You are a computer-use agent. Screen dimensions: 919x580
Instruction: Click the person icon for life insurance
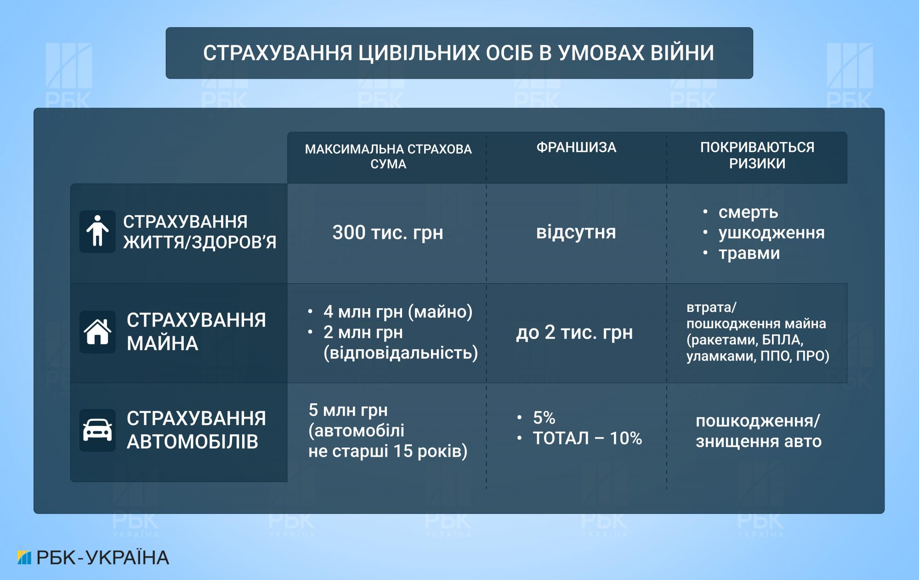[x=97, y=231]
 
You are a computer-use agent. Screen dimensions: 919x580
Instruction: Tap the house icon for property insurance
[x=97, y=332]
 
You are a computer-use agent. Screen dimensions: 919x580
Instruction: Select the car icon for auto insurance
[x=97, y=430]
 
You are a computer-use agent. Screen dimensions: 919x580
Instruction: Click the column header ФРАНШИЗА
[x=576, y=148]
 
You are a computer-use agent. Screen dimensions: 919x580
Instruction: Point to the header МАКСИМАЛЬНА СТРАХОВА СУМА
[x=388, y=156]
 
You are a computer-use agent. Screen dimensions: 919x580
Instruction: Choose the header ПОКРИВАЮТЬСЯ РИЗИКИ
[x=757, y=155]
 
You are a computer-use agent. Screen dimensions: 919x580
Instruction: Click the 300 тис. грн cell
[x=388, y=232]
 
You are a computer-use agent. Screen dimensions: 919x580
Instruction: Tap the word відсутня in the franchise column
[x=576, y=232]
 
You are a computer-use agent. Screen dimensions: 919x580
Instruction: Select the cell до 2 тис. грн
[x=574, y=332]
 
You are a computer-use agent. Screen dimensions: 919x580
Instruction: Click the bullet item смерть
[x=748, y=212]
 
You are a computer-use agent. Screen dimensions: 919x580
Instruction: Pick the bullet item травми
[x=749, y=253]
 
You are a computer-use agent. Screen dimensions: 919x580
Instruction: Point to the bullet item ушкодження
[x=772, y=233]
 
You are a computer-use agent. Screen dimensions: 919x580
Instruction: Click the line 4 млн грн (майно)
[x=398, y=312]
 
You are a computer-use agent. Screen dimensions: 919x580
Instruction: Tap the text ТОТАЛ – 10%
[x=587, y=438]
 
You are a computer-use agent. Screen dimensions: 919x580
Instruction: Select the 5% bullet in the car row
[x=544, y=418]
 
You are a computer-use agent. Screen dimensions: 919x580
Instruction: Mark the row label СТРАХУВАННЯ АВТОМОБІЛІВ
[x=196, y=430]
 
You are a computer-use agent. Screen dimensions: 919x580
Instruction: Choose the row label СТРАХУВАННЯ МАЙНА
[x=196, y=332]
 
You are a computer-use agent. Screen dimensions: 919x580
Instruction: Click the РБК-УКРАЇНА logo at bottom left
[x=93, y=557]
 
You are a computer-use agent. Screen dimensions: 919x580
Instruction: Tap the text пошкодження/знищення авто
[x=758, y=431]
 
